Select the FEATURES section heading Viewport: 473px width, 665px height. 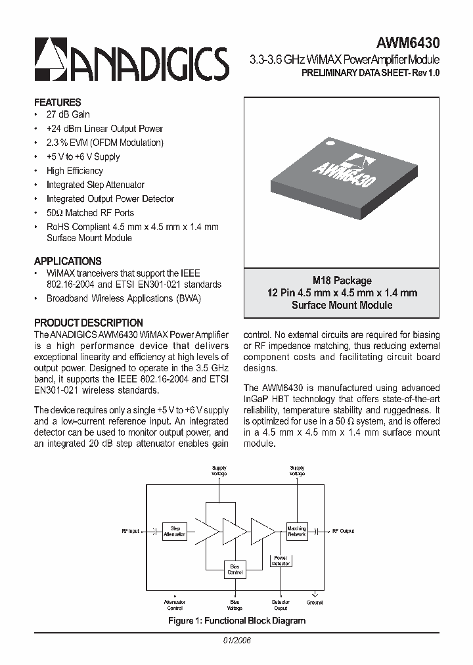(58, 103)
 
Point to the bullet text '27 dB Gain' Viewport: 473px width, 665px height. (68, 114)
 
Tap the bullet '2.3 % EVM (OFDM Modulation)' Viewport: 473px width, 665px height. (104, 143)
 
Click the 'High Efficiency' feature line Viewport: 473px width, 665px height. (75, 171)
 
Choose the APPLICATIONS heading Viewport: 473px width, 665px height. (68, 261)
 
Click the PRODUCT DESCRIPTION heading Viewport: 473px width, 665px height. (89, 323)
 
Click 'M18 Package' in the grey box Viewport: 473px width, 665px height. (342, 281)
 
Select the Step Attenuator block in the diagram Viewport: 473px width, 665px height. (175, 531)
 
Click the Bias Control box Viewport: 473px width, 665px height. (235, 569)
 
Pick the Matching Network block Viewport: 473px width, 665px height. (297, 531)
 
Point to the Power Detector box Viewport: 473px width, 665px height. (281, 561)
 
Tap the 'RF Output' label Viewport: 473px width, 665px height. (343, 531)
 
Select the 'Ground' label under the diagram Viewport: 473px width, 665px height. (315, 602)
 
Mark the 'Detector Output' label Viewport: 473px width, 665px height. (281, 605)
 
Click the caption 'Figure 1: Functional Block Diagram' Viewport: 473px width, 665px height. (236, 620)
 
